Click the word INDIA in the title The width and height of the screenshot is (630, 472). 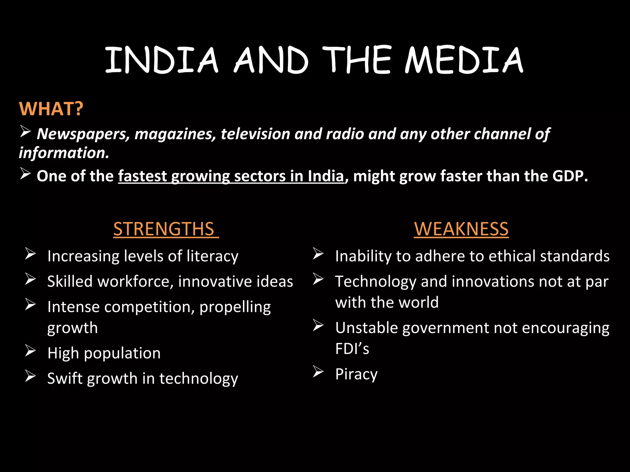coord(161,60)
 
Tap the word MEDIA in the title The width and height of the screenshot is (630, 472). coord(464,60)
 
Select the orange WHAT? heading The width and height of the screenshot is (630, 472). coord(51,108)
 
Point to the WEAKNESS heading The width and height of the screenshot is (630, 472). coord(461,229)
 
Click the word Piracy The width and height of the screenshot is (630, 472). coord(356,374)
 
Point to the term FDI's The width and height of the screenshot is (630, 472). coord(352,349)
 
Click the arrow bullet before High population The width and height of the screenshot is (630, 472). coord(30,351)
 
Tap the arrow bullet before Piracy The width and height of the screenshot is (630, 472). coord(318,372)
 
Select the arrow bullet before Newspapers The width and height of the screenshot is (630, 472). coord(25,132)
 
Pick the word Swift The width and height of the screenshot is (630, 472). coord(65,378)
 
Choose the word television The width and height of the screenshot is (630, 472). coord(255,134)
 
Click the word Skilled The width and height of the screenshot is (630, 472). coord(70,281)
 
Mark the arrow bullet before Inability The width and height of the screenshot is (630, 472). coord(318,254)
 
